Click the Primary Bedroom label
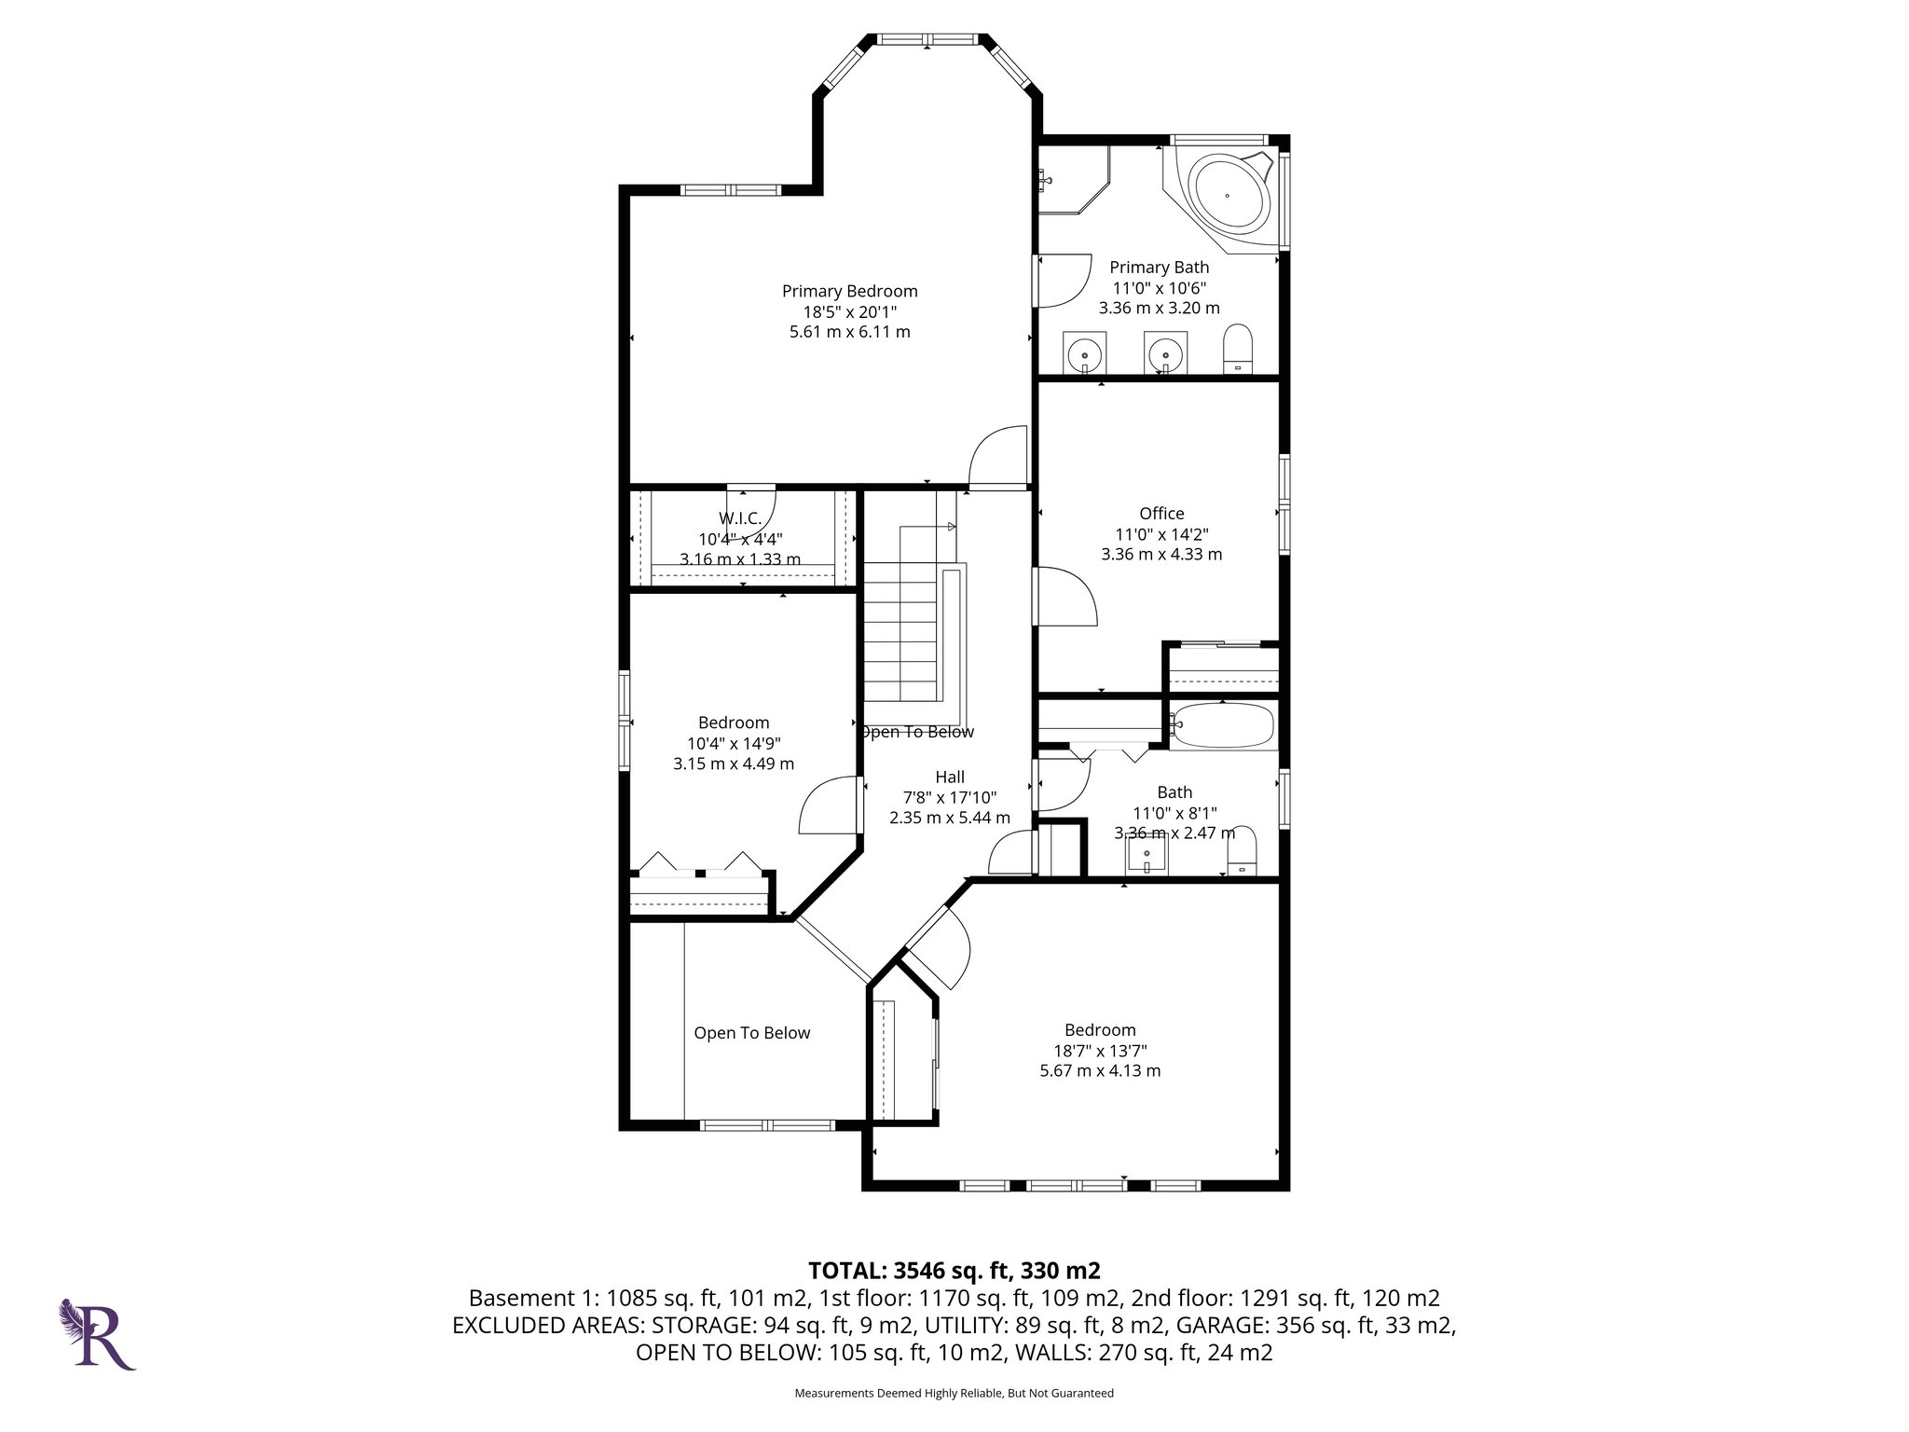coord(849,291)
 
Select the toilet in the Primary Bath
coord(1239,349)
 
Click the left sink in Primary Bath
coord(1084,352)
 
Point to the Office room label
coord(1161,513)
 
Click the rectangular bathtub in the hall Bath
coord(1223,725)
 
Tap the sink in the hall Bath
coord(1147,853)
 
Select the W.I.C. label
coord(740,518)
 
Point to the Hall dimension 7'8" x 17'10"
coord(949,797)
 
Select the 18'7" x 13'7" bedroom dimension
coord(1100,1050)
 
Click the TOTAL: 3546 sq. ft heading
coord(954,1270)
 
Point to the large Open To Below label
coord(751,1033)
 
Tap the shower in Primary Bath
coord(1072,180)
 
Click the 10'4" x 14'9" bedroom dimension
coord(734,743)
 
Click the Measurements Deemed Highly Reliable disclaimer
coord(954,1393)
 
